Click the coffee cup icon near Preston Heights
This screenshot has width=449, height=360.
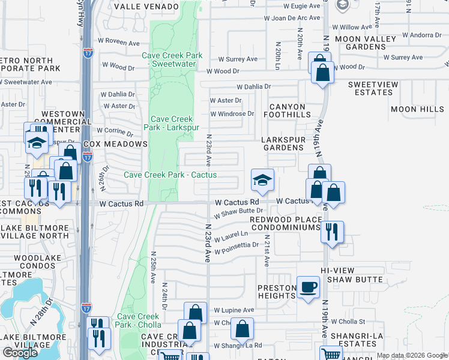(x=309, y=287)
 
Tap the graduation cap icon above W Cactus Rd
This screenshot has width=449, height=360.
(x=262, y=179)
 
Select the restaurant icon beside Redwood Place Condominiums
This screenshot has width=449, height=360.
(x=331, y=231)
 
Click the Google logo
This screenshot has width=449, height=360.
(x=20, y=353)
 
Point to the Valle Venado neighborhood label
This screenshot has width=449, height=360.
(x=146, y=6)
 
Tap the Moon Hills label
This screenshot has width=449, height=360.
(x=417, y=109)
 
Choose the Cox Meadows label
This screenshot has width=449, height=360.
(x=115, y=144)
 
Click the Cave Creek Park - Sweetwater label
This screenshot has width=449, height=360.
(x=172, y=59)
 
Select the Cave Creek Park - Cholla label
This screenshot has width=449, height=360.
(x=139, y=320)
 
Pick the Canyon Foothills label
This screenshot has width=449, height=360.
(x=283, y=111)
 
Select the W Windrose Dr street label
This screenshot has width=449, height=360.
(x=232, y=113)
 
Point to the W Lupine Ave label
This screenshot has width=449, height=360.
(x=234, y=310)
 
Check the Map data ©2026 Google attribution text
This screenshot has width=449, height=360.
(x=411, y=355)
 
